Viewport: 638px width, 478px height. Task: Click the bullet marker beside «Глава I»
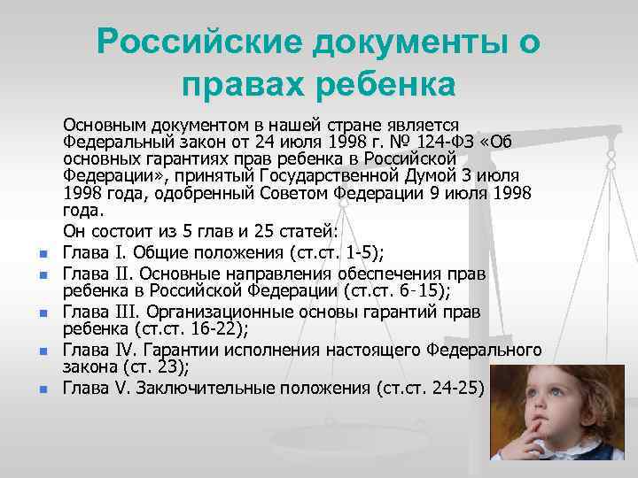42,256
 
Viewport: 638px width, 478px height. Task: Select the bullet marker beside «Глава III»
42,312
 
